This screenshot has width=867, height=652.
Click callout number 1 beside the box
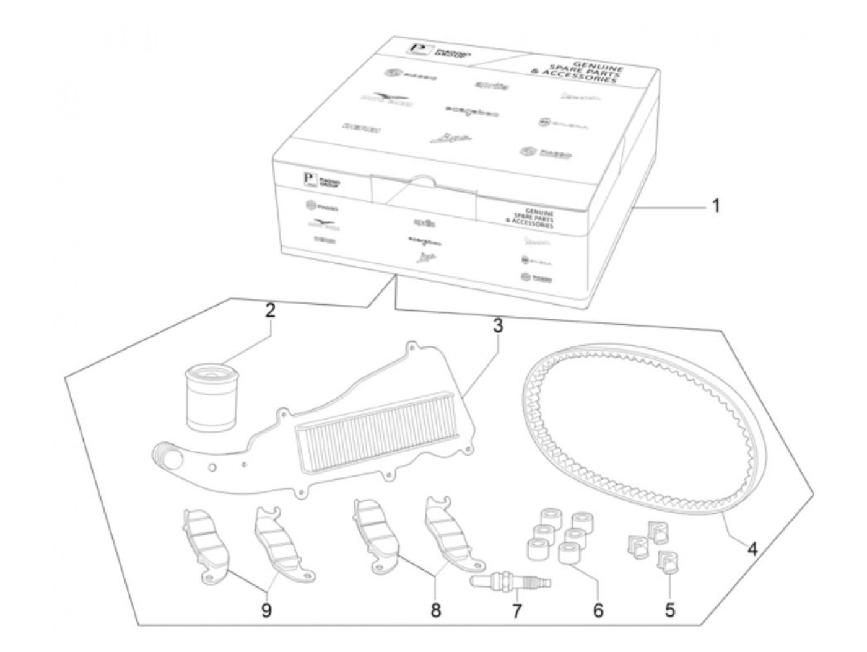(x=715, y=206)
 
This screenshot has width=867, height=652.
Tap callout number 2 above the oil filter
(x=269, y=311)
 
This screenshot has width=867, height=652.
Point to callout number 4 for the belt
(x=751, y=549)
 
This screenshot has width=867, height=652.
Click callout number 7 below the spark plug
(x=516, y=610)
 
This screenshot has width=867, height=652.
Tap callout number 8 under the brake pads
(x=435, y=610)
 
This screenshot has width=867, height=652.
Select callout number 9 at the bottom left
(x=266, y=610)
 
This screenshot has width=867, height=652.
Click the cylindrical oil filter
(x=211, y=397)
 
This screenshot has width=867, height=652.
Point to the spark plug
(x=511, y=582)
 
